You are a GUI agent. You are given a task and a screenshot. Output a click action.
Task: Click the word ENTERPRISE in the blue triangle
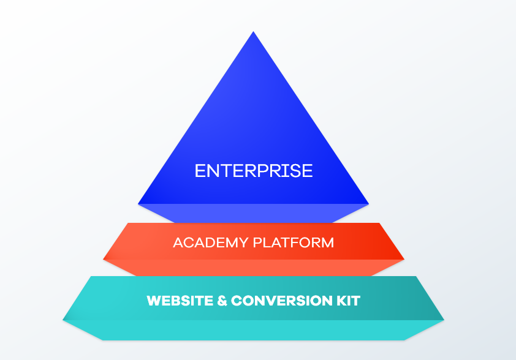253,170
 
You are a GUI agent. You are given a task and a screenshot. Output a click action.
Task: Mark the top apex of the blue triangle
253,32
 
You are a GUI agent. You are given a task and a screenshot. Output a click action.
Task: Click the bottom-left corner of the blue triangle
139,203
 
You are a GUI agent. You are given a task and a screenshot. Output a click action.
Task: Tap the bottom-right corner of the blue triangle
368,203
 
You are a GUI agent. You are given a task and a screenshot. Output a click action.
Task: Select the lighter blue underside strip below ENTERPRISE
253,213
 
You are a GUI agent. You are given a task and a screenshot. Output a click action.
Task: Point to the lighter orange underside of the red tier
253,268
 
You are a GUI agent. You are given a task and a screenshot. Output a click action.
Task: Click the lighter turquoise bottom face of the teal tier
253,330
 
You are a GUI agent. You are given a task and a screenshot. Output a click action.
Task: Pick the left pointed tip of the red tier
104,259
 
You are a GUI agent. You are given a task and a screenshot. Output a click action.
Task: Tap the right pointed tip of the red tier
404,259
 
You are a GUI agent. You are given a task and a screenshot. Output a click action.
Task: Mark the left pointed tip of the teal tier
63,319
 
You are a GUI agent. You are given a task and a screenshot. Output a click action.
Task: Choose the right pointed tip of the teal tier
444,319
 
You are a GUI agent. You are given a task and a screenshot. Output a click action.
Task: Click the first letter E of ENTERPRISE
199,170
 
